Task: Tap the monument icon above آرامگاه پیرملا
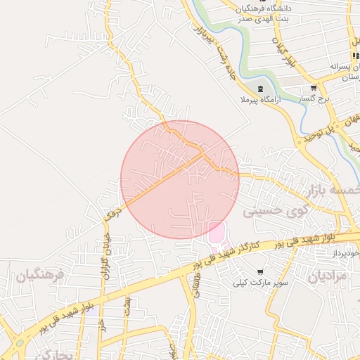[261, 89]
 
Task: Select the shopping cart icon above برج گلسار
[314, 89]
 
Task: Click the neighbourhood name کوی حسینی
[276, 210]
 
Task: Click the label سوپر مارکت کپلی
[260, 283]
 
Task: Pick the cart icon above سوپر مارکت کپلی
[260, 271]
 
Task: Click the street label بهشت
[127, 305]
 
